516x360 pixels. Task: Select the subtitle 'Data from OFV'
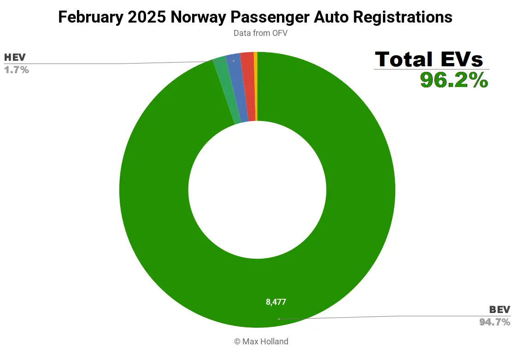(x=260, y=33)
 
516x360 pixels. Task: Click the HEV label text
(x=15, y=58)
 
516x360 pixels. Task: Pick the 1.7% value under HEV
(x=17, y=70)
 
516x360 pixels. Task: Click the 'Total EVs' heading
(x=429, y=59)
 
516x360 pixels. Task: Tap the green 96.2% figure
(x=454, y=80)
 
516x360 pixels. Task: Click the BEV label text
(x=499, y=309)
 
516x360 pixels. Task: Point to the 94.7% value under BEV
(x=494, y=322)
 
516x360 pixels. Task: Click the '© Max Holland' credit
(x=261, y=341)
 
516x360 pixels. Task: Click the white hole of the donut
(x=257, y=190)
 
